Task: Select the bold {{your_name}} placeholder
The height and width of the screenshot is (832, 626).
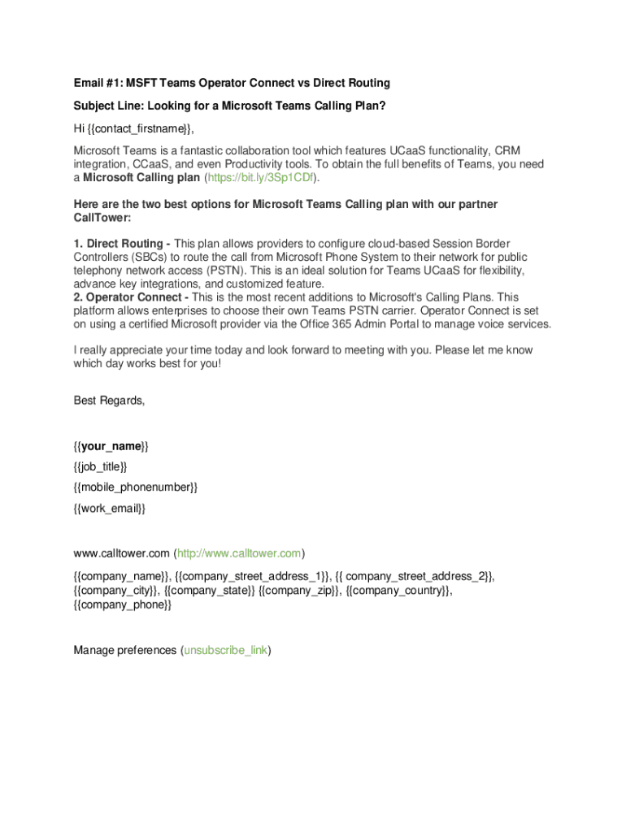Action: tap(111, 446)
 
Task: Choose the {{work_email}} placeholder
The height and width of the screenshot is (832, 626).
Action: tap(110, 509)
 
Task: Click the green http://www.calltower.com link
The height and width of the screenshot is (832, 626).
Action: tap(238, 554)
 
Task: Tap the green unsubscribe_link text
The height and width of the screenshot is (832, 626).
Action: tap(226, 651)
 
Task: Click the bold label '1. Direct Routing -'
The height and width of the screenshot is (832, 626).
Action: tap(122, 244)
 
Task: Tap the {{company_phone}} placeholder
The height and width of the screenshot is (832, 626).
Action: tap(123, 605)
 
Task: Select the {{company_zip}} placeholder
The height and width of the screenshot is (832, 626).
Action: tap(300, 591)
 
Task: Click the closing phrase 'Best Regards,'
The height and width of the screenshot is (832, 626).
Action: tap(110, 401)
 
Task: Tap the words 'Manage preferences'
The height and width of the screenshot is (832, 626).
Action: tap(125, 651)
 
